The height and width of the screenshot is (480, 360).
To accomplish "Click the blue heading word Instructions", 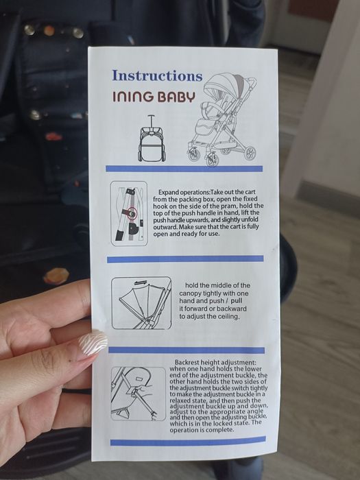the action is point(157,75).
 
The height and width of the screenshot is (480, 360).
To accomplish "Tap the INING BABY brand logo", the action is point(154,97).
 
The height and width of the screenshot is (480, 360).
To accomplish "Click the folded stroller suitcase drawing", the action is point(152,139).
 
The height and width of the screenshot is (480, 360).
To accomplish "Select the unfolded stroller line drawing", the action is point(221,119).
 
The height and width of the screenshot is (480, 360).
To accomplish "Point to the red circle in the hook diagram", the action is point(132,212).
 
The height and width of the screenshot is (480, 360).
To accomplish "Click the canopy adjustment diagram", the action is point(141,303).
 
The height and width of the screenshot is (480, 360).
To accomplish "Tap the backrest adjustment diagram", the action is point(139,394).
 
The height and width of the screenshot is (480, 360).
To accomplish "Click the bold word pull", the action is point(237,301).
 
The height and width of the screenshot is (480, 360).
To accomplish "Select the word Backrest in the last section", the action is point(187,362).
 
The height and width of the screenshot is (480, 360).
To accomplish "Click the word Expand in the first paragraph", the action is point(169,193).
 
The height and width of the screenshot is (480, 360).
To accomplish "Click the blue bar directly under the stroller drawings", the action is point(184,169).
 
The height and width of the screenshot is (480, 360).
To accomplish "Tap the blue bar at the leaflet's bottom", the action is point(188,441).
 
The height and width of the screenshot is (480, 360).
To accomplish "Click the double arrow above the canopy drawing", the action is point(141,282).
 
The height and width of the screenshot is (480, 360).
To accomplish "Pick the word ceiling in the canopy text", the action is point(228,316).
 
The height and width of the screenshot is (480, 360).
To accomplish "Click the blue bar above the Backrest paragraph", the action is point(187,350).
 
